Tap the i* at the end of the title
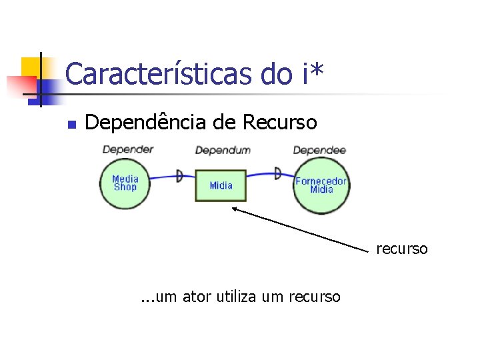309,74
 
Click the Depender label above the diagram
127,149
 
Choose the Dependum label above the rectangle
223,150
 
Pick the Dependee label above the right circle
319,150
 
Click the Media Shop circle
125,183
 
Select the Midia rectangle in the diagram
221,185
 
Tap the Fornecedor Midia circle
321,185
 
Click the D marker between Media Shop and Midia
179,176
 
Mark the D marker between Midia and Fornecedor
277,173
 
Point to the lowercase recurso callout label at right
401,249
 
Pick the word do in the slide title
275,75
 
